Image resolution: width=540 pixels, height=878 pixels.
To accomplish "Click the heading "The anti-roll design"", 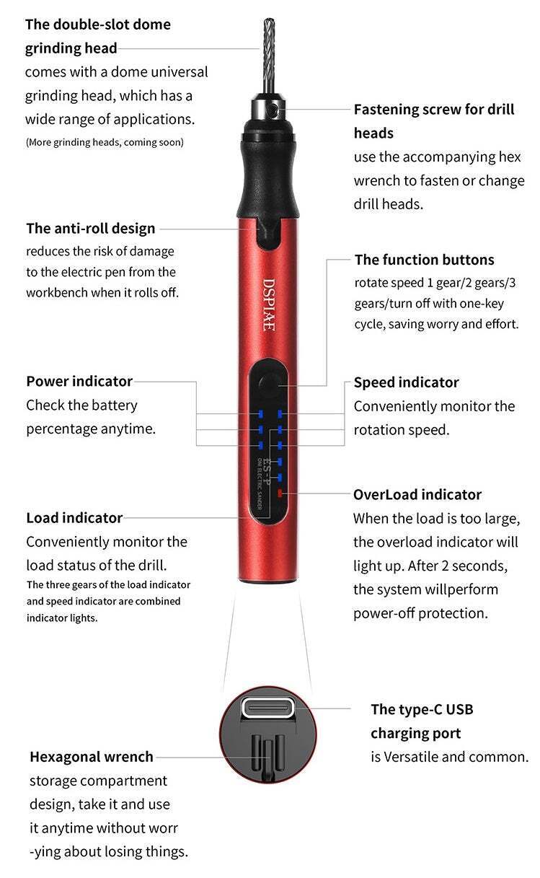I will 91,229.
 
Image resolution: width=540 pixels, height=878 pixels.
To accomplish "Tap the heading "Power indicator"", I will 79,381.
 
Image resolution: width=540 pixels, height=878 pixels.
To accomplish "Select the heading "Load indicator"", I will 74,518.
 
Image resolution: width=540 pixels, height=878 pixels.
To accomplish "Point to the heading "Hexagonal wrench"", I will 92,757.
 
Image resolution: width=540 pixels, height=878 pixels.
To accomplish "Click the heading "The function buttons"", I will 425,260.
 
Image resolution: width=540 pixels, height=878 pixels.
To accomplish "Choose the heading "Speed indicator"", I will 406,382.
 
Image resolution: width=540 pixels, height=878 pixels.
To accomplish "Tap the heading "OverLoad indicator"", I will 417,495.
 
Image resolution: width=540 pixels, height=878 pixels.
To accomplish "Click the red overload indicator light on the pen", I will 279,494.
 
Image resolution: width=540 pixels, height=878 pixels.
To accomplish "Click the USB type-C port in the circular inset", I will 267,708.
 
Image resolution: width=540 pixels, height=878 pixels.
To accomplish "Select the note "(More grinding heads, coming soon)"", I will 105,142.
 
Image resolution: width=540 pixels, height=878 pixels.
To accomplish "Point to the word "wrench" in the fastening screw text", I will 379,180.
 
